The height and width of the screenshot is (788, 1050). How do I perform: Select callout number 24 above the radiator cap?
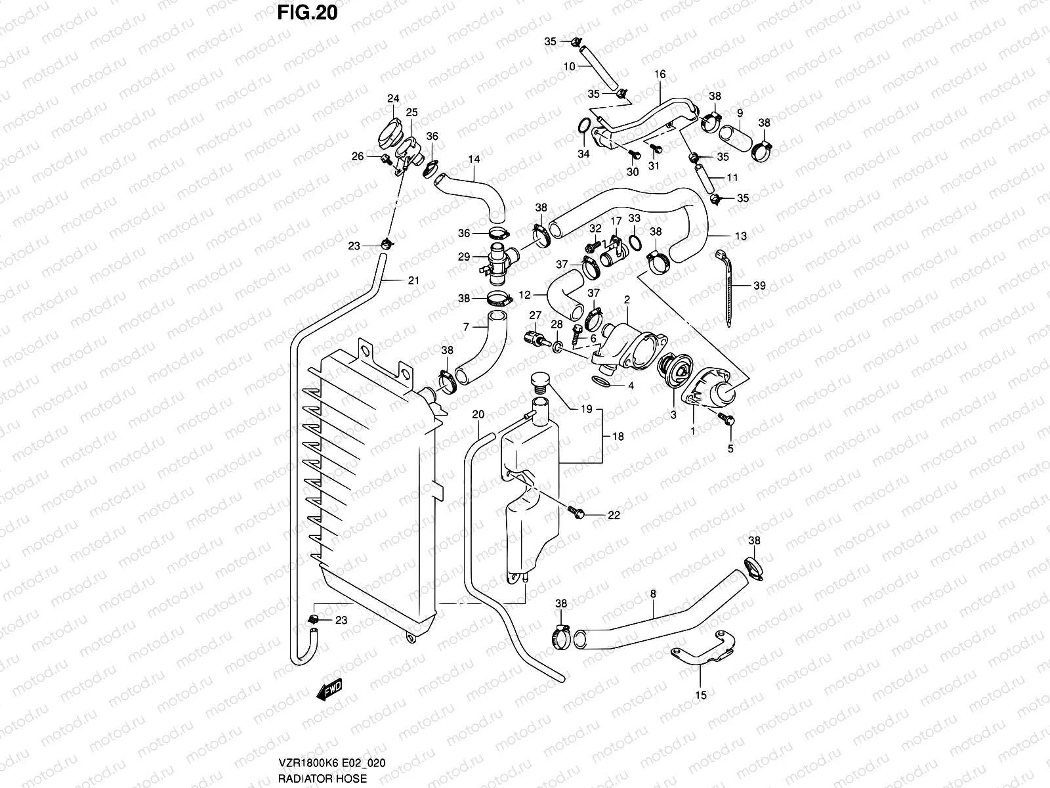coord(392,99)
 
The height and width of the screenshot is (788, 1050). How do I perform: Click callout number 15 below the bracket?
coord(700,695)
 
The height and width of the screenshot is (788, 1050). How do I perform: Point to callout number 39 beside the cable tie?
coord(759,286)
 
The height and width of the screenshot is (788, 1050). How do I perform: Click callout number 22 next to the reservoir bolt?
coord(613,515)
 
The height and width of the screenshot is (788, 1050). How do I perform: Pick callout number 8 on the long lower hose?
coord(653,594)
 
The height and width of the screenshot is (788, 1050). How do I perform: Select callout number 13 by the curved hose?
coord(740,236)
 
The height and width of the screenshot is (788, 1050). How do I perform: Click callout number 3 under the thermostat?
coord(673,415)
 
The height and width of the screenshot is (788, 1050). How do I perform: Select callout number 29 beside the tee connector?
coord(464,257)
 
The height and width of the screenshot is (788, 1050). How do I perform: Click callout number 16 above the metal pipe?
coord(660,75)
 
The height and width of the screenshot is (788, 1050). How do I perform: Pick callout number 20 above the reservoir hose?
coord(478,414)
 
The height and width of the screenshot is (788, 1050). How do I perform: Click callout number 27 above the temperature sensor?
coord(535,315)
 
